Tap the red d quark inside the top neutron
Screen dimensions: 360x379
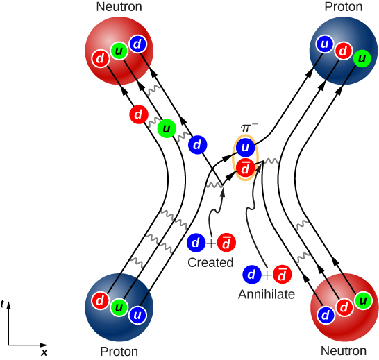(101, 59)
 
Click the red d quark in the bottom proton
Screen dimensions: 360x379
(101, 301)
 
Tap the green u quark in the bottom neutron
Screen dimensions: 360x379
(361, 300)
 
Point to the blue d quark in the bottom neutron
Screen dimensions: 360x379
(324, 314)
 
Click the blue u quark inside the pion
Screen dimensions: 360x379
(244, 147)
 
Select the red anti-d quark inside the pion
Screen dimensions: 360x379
(244, 167)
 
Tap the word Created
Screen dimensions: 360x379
(210, 263)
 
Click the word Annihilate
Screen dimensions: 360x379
(267, 294)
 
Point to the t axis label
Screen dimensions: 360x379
(4, 304)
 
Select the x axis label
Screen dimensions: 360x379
(44, 352)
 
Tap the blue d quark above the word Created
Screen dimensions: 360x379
(196, 243)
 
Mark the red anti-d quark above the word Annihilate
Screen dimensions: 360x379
(283, 274)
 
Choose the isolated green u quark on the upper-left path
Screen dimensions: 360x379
(166, 128)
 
